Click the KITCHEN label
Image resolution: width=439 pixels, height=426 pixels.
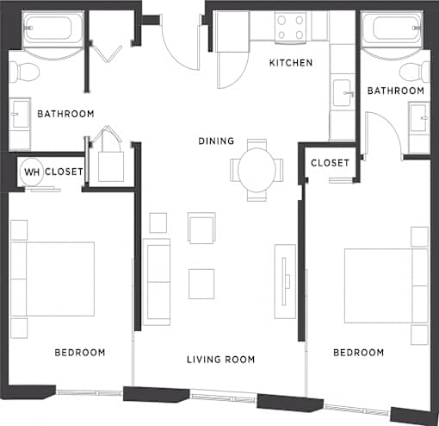pos(291,63)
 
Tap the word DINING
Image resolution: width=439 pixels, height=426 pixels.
pos(216,141)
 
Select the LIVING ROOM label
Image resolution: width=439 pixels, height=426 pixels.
pos(220,360)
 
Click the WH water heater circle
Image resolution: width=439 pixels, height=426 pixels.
pos(32,172)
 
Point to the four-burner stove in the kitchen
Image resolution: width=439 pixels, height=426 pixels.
pos(290,28)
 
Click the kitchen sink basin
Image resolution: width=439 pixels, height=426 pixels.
pos(343,93)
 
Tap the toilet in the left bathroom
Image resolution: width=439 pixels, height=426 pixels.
pos(24,72)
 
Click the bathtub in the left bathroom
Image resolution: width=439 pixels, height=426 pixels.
pos(53,29)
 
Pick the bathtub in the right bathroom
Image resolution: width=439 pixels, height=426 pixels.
pos(392,29)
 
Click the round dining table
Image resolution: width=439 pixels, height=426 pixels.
pos(257,170)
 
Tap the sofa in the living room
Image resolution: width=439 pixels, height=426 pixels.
pos(157,282)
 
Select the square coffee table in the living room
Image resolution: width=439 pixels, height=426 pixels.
pos(201,284)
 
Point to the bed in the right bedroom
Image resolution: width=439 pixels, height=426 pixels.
pos(386,285)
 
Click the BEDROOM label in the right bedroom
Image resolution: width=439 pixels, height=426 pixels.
pos(358,353)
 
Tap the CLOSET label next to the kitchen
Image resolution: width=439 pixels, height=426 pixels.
pos(330,163)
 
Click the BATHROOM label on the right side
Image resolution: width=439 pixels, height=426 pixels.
pos(396,91)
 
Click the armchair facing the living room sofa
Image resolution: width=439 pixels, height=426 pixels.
pos(201,228)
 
